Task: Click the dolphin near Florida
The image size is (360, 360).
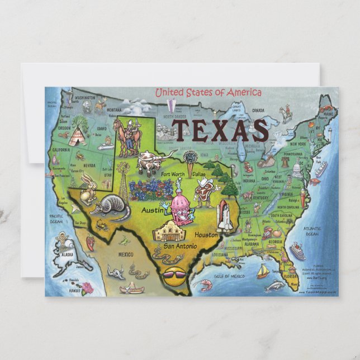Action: tap(273, 286)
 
